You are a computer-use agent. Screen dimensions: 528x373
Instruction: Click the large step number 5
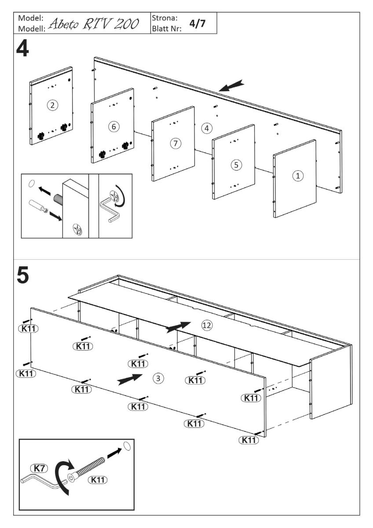click(x=23, y=276)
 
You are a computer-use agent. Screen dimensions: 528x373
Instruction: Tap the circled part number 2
click(x=52, y=105)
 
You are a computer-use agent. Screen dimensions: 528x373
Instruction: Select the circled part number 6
click(x=113, y=127)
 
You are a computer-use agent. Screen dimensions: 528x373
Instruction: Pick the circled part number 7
click(x=175, y=143)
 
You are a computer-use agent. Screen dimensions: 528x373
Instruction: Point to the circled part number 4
click(x=206, y=128)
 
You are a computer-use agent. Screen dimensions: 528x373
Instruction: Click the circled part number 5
click(x=236, y=165)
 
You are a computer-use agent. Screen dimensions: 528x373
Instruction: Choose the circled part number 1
click(x=297, y=176)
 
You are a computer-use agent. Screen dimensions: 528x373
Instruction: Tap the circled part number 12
click(x=206, y=325)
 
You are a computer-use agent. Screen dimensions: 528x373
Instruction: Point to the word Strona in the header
click(x=164, y=18)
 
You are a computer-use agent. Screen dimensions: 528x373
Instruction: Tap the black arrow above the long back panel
click(x=231, y=85)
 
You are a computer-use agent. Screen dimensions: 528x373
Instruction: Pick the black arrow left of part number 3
click(x=130, y=379)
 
